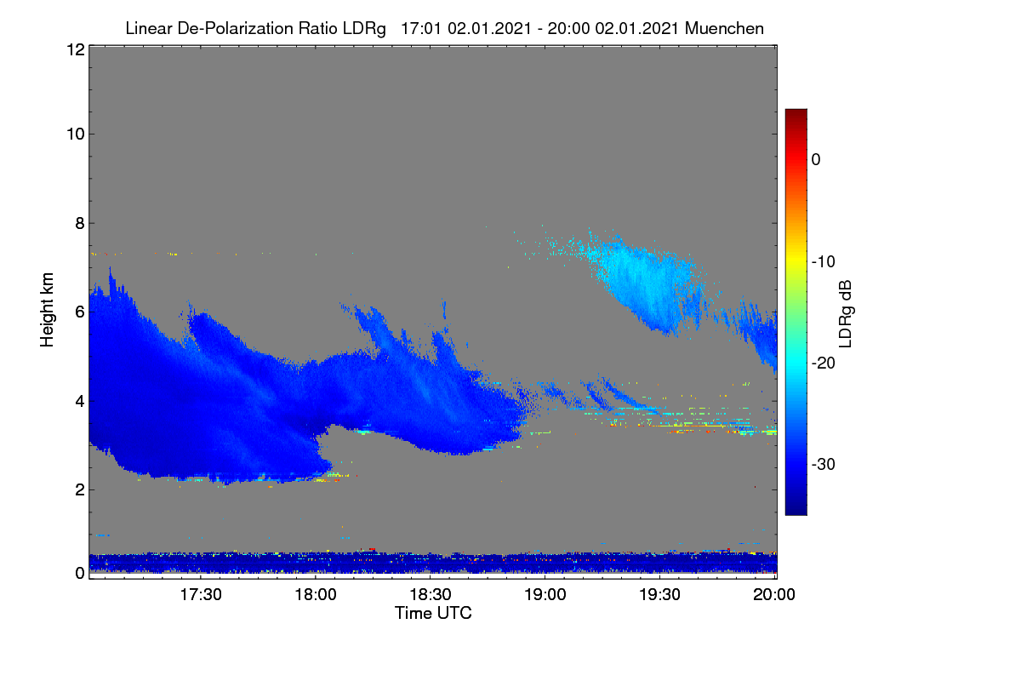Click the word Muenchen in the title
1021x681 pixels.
pyautogui.click(x=724, y=28)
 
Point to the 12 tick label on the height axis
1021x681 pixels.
pyautogui.click(x=76, y=49)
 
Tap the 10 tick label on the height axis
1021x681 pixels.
pyautogui.click(x=76, y=134)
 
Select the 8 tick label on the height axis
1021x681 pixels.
pyautogui.click(x=80, y=223)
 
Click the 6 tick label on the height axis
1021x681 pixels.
pyautogui.click(x=80, y=312)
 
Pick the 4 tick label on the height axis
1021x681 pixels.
pyautogui.click(x=80, y=402)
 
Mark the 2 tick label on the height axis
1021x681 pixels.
pyautogui.click(x=80, y=489)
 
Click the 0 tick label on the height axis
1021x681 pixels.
pyautogui.click(x=80, y=573)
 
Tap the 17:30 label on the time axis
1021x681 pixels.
pyautogui.click(x=201, y=594)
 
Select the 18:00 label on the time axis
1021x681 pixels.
pyautogui.click(x=316, y=594)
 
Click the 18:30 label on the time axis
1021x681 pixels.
pyautogui.click(x=431, y=594)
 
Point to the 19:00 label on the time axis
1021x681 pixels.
pyautogui.click(x=545, y=594)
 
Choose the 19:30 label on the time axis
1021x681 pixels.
pyautogui.click(x=659, y=594)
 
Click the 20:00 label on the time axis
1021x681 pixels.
pyautogui.click(x=774, y=594)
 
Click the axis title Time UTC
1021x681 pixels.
pyautogui.click(x=433, y=613)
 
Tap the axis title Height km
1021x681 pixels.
pyautogui.click(x=47, y=310)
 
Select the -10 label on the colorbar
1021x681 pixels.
pyautogui.click(x=824, y=262)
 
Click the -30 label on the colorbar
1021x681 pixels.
pyautogui.click(x=824, y=464)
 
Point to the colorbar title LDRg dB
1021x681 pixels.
pyautogui.click(x=846, y=314)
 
